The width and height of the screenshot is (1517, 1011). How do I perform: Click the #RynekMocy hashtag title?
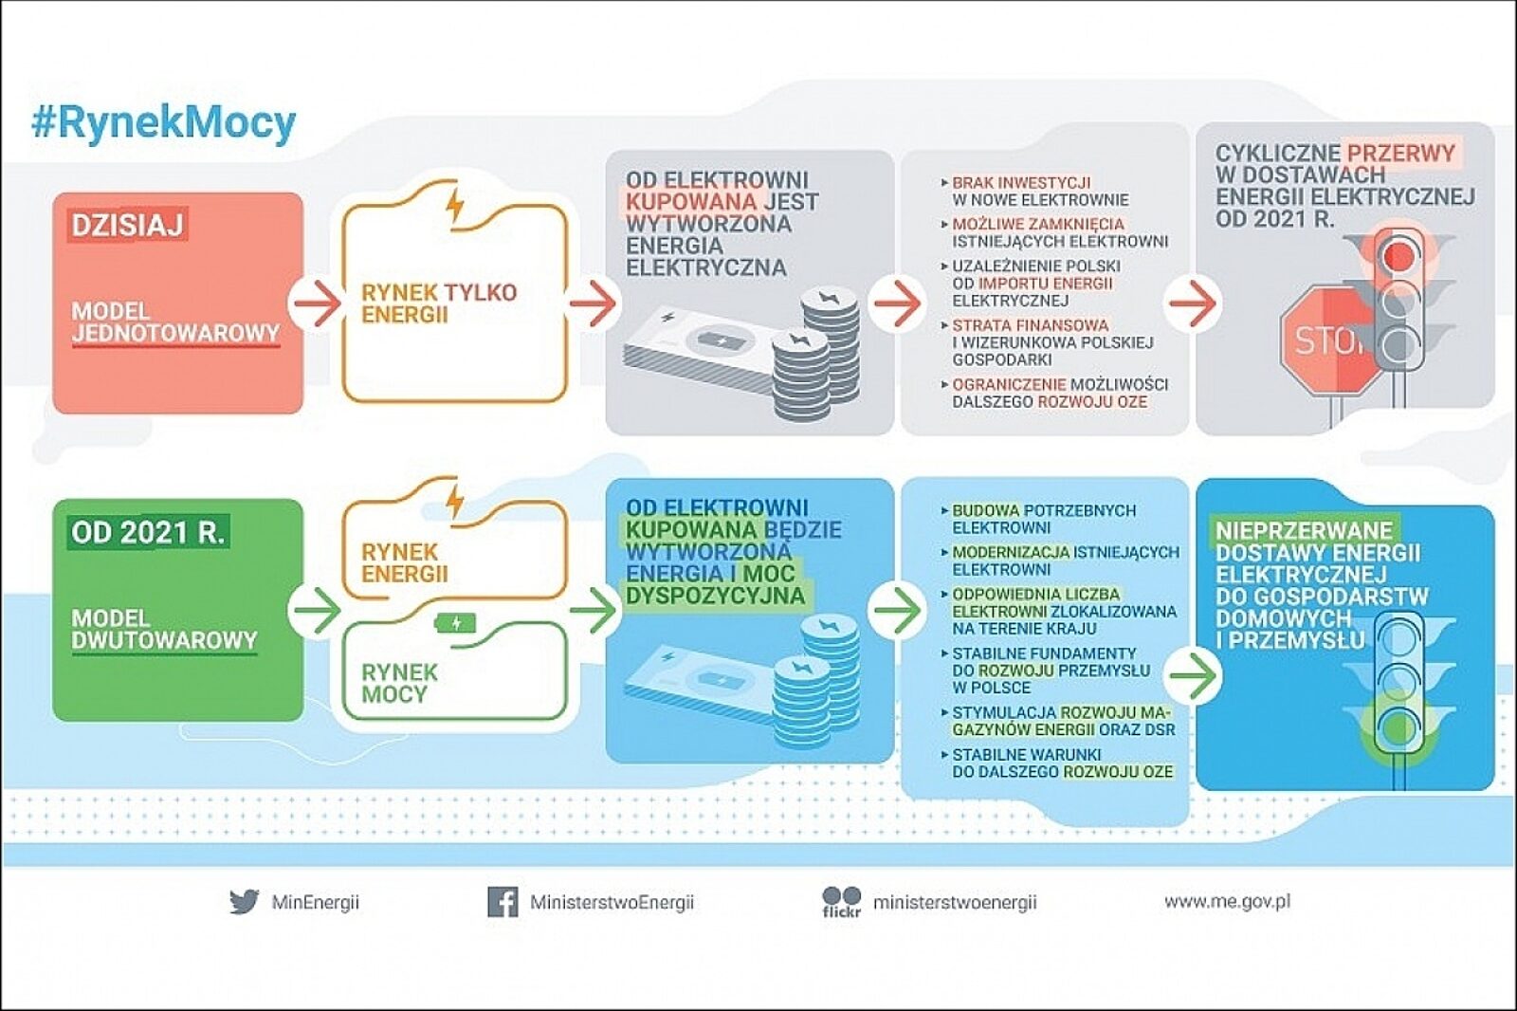pyautogui.click(x=163, y=123)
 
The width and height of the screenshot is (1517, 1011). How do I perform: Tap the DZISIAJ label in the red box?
pyautogui.click(x=127, y=225)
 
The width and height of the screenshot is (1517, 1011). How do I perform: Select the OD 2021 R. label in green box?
pyautogui.click(x=148, y=532)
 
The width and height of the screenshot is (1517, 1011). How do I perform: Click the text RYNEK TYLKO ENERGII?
pyautogui.click(x=438, y=303)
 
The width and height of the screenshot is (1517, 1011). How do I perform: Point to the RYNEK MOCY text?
pyautogui.click(x=399, y=683)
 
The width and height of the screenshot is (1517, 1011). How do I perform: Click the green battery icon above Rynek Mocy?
pyautogui.click(x=455, y=623)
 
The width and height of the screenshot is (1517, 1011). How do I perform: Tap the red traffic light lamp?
pyautogui.click(x=1396, y=255)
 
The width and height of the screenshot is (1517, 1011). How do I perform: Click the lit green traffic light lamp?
pyautogui.click(x=1396, y=727)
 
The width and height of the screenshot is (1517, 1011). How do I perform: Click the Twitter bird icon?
pyautogui.click(x=244, y=901)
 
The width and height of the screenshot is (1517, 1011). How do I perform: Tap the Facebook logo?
pyautogui.click(x=503, y=901)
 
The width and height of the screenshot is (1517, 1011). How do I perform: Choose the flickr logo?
pyautogui.click(x=841, y=901)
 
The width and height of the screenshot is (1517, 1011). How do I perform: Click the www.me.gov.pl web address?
pyautogui.click(x=1227, y=901)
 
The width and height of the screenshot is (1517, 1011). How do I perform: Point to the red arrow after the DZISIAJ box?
pyautogui.click(x=317, y=303)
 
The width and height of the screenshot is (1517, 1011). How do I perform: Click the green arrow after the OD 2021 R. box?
pyautogui.click(x=317, y=610)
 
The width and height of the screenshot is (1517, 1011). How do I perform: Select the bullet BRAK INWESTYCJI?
pyautogui.click(x=1021, y=182)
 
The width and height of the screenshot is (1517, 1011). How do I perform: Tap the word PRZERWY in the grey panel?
pyautogui.click(x=1400, y=153)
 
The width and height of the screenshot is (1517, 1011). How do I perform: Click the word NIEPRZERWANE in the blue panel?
pyautogui.click(x=1304, y=530)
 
